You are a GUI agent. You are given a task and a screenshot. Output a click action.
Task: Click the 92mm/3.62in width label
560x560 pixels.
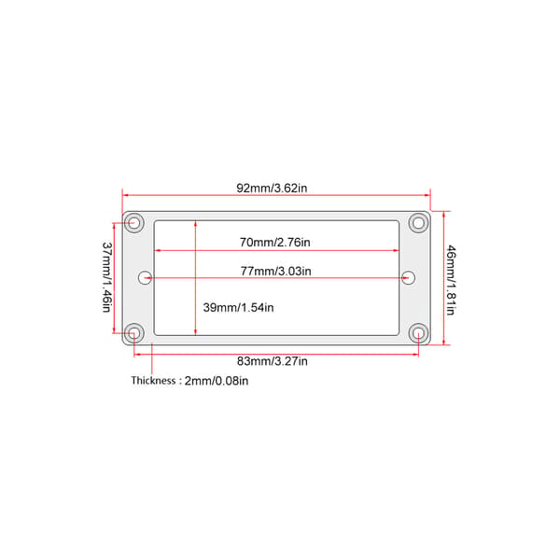(x=272, y=189)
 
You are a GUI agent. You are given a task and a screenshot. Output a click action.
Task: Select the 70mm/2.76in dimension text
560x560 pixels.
(x=274, y=243)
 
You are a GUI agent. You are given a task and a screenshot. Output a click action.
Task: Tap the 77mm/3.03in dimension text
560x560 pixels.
(x=275, y=272)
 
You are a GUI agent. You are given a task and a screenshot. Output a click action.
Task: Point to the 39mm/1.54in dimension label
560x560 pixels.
(x=238, y=308)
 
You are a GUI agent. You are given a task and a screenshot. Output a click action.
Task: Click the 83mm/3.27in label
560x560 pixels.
(x=273, y=361)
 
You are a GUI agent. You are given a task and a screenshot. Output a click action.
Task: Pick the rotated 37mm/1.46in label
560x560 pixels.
(x=107, y=277)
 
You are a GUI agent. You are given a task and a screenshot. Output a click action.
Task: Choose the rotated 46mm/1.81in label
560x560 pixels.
(x=451, y=280)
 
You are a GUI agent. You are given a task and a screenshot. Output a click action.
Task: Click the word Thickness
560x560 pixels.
(x=153, y=381)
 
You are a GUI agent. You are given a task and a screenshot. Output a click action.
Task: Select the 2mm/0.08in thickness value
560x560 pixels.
(x=217, y=381)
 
